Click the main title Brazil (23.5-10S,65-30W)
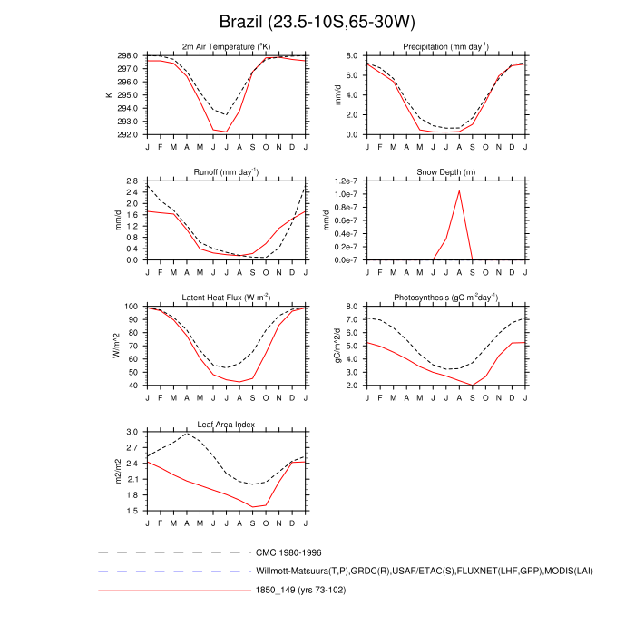[317, 21]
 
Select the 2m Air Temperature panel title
[226, 46]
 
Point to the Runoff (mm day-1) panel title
[226, 171]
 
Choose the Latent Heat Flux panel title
[226, 298]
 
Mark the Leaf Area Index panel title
[226, 424]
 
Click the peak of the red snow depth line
[459, 190]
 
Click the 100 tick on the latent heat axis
[132, 308]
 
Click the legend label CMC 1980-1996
[288, 552]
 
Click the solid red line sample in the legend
[173, 591]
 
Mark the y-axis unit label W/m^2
[116, 346]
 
